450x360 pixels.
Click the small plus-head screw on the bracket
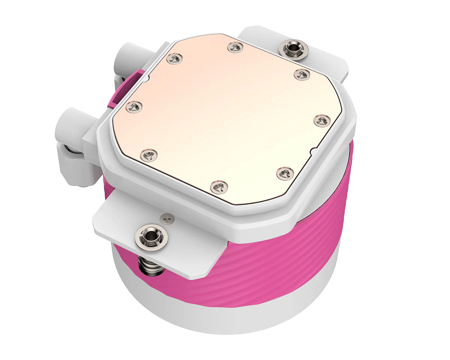tap(167, 217)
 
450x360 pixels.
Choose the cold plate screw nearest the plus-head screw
tap(219, 186)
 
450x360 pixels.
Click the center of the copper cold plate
tap(225, 120)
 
